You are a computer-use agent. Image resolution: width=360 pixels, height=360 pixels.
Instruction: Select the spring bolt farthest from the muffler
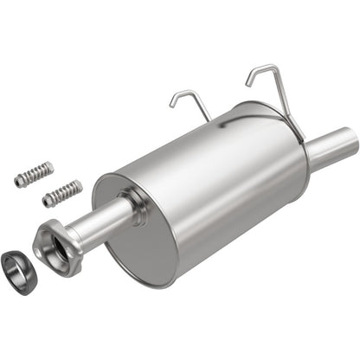pos(34,174)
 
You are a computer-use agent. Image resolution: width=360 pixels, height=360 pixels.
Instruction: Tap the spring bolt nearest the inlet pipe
pos(62,193)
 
